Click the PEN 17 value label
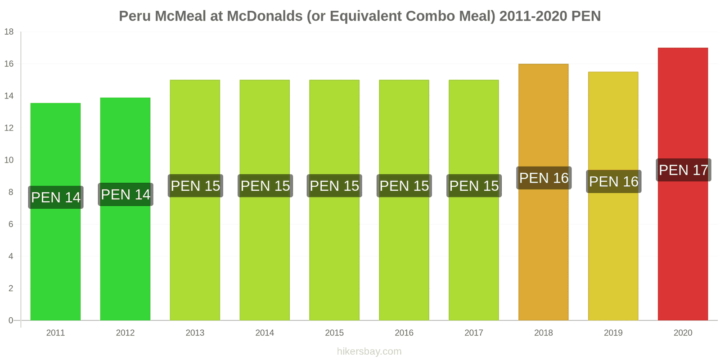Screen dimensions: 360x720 [x=684, y=170]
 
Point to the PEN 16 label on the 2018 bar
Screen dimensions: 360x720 [x=544, y=178]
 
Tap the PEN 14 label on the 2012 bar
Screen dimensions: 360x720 [x=126, y=194]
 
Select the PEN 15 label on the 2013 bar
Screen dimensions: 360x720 [x=195, y=186]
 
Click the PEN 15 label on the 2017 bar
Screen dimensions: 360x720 [x=474, y=186]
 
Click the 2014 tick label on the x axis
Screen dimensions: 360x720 [x=265, y=333]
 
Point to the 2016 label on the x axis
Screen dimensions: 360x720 [x=404, y=333]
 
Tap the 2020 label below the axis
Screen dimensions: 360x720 [x=683, y=333]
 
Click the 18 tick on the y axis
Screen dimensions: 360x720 [x=9, y=32]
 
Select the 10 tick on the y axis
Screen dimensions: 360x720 [x=9, y=160]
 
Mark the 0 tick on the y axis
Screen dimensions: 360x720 [x=11, y=320]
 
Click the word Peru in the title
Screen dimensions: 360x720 [x=135, y=16]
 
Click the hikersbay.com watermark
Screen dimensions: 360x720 [x=369, y=351]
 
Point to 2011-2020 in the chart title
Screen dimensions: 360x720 [x=533, y=16]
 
